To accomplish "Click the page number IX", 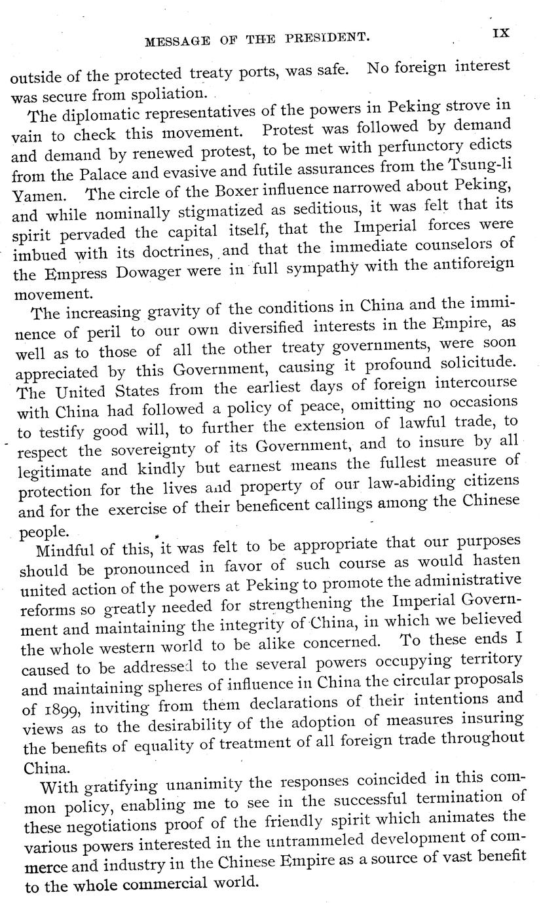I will (501, 31).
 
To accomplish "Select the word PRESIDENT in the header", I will (326, 38).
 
